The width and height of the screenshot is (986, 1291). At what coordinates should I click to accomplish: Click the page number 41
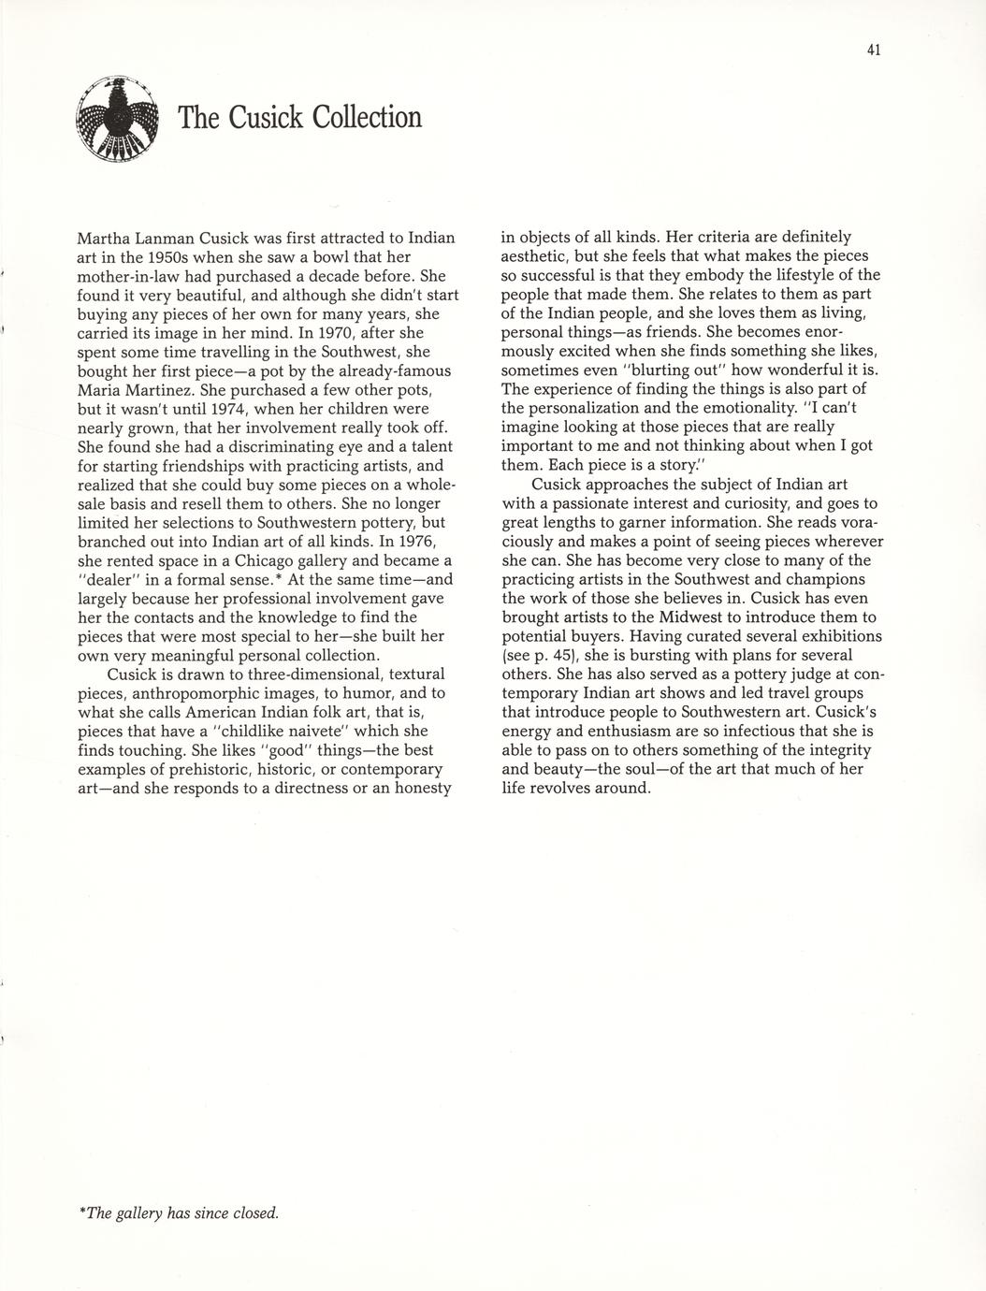[x=874, y=51]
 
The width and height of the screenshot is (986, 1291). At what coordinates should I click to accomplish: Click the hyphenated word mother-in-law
[x=128, y=276]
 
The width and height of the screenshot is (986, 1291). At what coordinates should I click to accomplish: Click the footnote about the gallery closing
[x=181, y=1213]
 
